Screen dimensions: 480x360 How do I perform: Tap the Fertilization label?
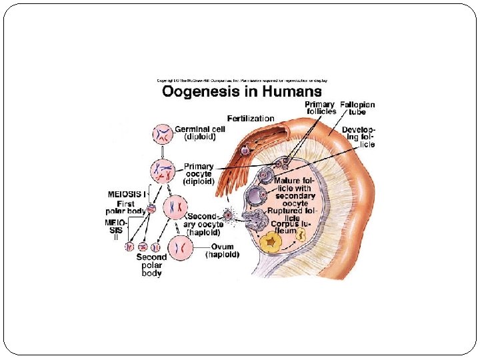pyautogui.click(x=251, y=119)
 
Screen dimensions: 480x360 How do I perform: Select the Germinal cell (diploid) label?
pyautogui.click(x=200, y=133)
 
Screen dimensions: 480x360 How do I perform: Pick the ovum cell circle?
pyautogui.click(x=181, y=249)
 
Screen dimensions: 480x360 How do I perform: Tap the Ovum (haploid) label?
pyautogui.click(x=223, y=251)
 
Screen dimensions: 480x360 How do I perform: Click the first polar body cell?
pyautogui.click(x=151, y=209)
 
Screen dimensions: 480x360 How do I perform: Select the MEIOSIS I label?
pyautogui.click(x=126, y=194)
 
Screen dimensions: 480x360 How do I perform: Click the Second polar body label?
pyautogui.click(x=151, y=265)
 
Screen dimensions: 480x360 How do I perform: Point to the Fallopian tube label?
pyautogui.click(x=357, y=109)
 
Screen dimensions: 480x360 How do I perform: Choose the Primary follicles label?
pyautogui.click(x=320, y=109)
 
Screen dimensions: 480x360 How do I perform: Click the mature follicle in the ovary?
pyautogui.click(x=254, y=196)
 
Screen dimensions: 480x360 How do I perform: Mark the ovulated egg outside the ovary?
pyautogui.click(x=229, y=215)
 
